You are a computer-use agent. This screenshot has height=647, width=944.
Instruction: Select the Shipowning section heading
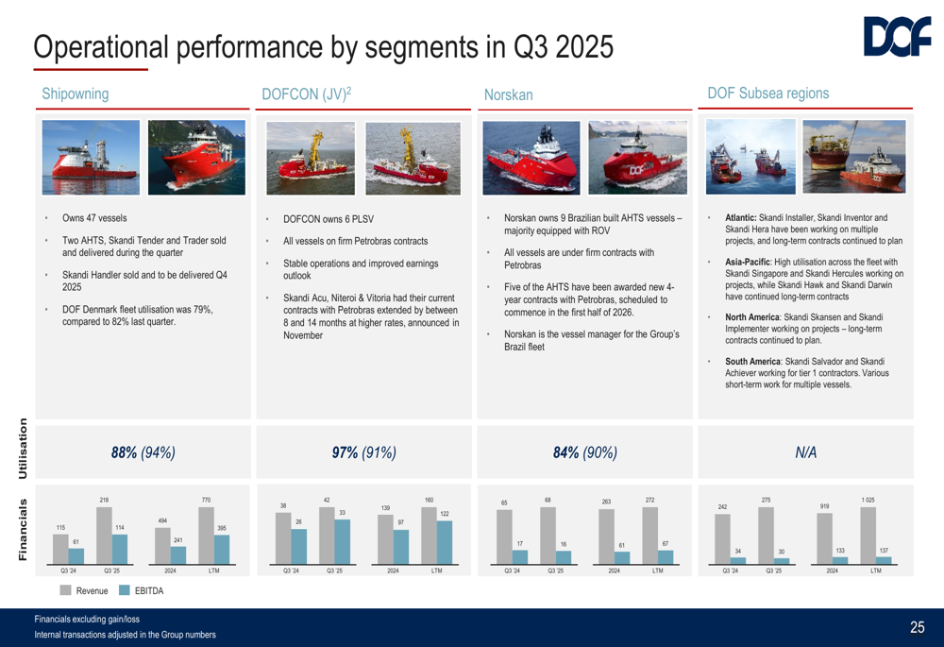[76, 94]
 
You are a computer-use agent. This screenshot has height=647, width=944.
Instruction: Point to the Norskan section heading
[508, 95]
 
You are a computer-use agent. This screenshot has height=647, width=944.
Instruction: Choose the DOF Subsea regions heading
[767, 94]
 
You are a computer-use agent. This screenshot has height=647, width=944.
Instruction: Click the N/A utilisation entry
[807, 452]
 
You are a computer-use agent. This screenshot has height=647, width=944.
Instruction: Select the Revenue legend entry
[90, 590]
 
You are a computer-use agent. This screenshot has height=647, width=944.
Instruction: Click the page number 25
[918, 627]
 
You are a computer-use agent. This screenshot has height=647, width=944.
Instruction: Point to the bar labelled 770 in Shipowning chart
[206, 536]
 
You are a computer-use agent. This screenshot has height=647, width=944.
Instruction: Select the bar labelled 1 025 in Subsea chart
[868, 536]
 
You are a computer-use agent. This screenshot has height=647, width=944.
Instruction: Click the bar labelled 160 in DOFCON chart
[429, 536]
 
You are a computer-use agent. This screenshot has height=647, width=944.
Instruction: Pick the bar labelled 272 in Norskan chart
[649, 536]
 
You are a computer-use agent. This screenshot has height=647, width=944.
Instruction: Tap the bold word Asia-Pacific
[751, 262]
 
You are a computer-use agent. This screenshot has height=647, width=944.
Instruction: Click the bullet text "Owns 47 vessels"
[94, 218]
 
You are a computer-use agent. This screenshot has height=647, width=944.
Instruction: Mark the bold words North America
[756, 316]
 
